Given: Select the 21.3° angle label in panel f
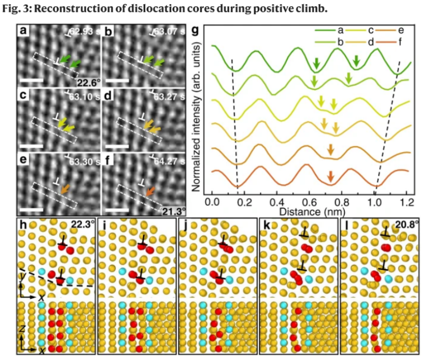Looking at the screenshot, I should point(174,211).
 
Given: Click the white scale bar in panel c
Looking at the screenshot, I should point(32,146).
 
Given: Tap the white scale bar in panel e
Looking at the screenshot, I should point(32,211).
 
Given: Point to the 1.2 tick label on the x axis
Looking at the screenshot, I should point(407,200).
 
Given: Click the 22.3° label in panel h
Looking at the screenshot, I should point(82,225).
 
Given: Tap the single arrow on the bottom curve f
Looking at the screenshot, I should point(330,176).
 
